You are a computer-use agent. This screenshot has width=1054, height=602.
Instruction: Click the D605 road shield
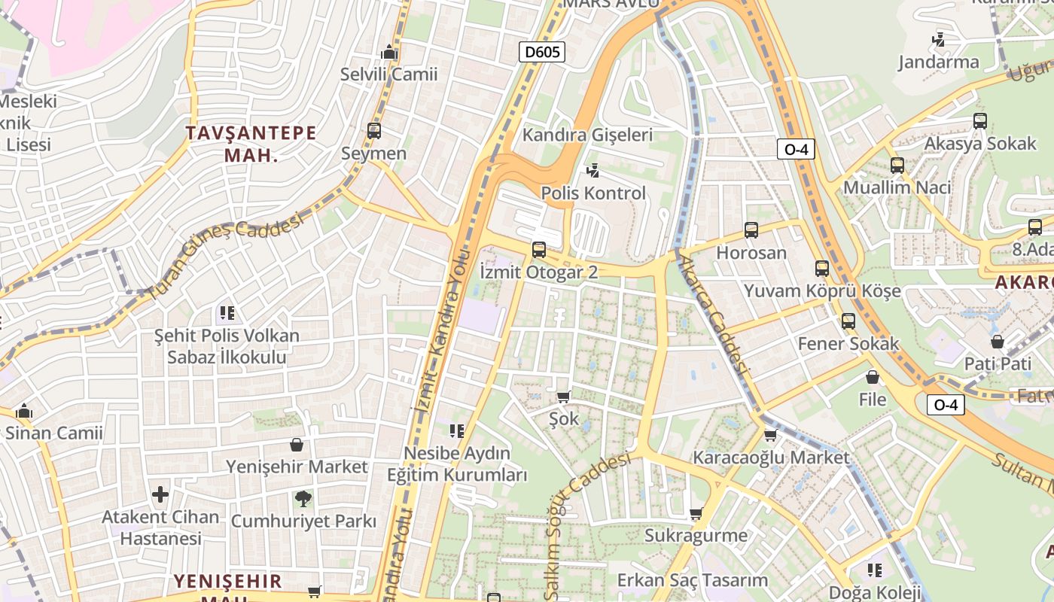[542, 52]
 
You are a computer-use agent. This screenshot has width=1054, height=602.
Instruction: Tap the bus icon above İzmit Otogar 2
[538, 249]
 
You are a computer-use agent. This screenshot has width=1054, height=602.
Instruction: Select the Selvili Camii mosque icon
[388, 52]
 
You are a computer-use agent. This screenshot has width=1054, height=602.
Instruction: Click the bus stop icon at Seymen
[374, 131]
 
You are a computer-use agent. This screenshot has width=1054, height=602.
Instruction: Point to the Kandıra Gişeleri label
[587, 135]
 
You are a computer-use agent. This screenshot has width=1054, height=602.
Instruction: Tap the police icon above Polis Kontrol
[593, 171]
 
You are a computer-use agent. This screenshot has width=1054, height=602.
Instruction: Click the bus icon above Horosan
[751, 230]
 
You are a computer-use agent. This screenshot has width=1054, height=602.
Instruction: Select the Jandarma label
[938, 62]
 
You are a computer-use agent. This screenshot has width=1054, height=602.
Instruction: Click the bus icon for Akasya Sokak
[979, 120]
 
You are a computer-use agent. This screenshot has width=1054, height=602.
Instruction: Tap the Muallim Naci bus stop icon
[897, 165]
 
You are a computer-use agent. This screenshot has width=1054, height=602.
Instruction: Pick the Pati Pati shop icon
[997, 342]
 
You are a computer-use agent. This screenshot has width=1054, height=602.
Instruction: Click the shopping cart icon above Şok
[563, 397]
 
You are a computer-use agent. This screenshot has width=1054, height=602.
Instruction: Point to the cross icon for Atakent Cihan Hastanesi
[160, 494]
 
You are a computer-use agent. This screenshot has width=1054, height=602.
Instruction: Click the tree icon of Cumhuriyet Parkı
[303, 498]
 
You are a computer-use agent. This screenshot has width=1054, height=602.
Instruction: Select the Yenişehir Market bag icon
[297, 445]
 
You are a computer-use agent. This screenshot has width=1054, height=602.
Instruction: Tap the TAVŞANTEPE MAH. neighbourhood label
[251, 144]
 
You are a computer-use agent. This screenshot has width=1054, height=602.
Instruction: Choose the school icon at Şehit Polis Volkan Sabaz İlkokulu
[227, 312]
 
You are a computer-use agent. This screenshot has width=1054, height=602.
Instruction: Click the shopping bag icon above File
[872, 376]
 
